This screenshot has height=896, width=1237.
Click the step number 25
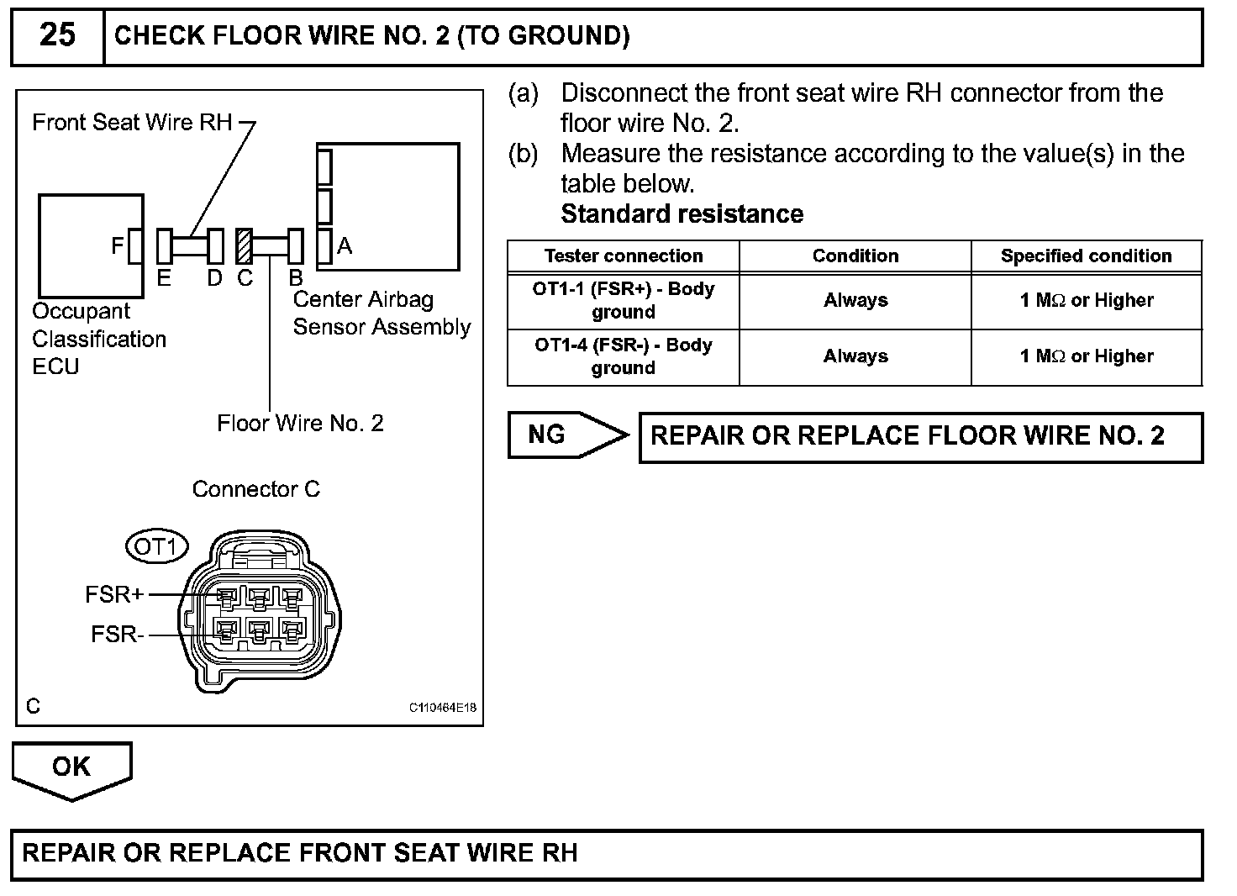pos(57,35)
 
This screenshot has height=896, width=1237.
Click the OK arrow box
pos(71,767)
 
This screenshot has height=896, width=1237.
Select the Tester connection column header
pos(623,256)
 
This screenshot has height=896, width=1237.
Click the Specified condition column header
pos(1086,256)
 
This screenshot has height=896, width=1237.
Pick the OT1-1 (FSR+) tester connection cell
pos(623,300)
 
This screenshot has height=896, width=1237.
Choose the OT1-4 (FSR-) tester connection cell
pos(623,356)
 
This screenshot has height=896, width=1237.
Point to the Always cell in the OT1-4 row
pos(855,356)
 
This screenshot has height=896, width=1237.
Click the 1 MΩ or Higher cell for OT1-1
pos(1086,300)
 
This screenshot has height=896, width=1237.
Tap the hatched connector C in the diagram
pos(245,246)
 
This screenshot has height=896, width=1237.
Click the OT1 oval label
pos(156,547)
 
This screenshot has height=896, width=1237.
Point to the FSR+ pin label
pos(114,595)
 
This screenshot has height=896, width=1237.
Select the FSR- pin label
pos(117,634)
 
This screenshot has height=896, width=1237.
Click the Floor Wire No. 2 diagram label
pos(300,423)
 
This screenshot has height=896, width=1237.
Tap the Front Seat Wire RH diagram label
pos(132,123)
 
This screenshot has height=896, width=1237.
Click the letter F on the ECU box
pos(118,245)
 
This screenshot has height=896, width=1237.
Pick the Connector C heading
pos(256,489)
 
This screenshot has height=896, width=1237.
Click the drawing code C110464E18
pos(443,708)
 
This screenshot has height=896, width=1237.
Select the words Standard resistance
pos(682,213)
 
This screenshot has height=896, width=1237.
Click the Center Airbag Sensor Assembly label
pos(382,314)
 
